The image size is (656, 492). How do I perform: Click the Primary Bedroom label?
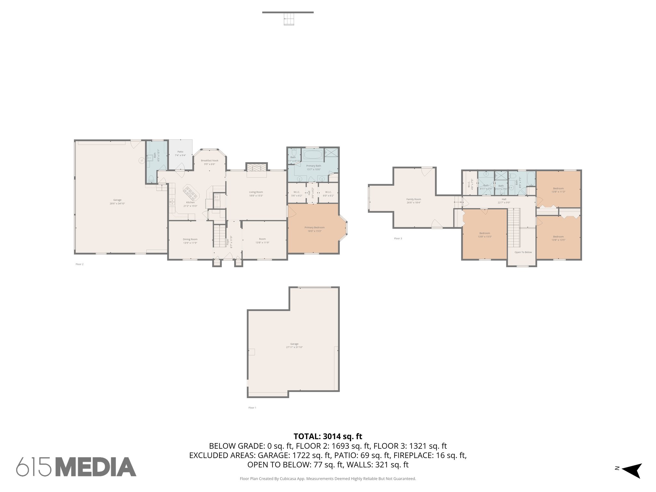point(314,227)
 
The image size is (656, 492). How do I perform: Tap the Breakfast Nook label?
point(209,160)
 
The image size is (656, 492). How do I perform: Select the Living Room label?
point(256,192)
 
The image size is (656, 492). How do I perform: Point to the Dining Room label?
point(190,239)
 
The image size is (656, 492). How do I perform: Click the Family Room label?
point(414,199)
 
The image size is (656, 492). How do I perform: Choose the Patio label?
point(180,152)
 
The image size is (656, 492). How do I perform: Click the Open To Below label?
point(523,252)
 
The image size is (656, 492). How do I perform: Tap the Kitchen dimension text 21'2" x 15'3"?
point(190,206)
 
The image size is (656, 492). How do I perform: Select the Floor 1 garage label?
point(294,344)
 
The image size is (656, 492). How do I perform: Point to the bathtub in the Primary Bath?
point(313,155)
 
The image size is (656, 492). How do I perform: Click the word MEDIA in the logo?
point(96,467)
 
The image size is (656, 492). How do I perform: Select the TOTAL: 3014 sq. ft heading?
point(328,436)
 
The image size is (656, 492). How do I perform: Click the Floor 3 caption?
point(398,239)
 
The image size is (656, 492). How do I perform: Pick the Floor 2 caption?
point(79,264)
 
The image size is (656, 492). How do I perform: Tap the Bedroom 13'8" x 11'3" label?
point(558,190)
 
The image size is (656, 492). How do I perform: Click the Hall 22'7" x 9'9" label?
point(504,201)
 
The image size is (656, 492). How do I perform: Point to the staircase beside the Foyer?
point(219,236)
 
